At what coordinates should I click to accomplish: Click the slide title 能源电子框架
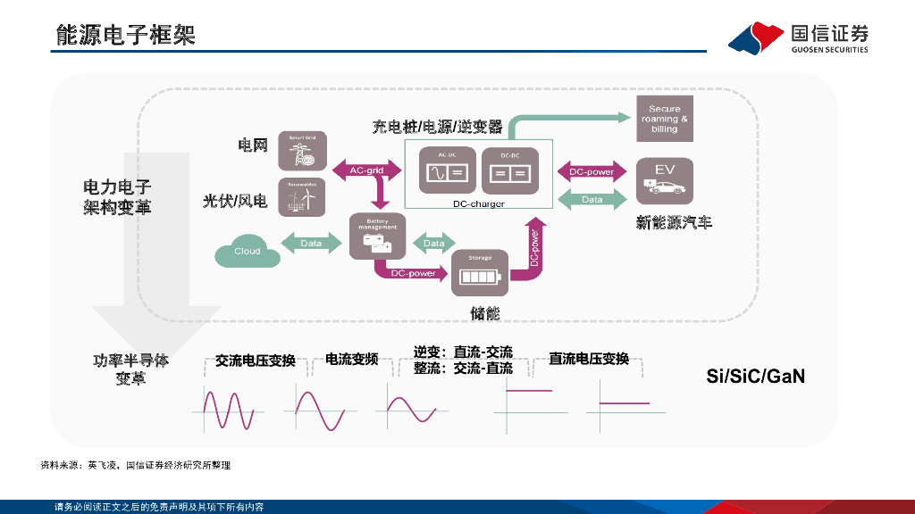pos(125,35)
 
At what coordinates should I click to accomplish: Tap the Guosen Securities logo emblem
pos(753,37)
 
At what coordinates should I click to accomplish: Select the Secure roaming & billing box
pos(664,119)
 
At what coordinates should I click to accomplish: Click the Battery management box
pos(377,236)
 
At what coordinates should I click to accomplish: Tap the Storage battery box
pos(480,273)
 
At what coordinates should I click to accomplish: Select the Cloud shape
pos(248,251)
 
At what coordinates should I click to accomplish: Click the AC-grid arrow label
pos(366,170)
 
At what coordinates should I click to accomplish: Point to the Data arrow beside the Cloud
pos(311,243)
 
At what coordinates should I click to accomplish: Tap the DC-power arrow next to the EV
pos(592,171)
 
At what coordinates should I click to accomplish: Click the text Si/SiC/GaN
pos(756,377)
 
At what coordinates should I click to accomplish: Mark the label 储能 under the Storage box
pos(485,313)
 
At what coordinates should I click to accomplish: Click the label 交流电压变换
pos(255,361)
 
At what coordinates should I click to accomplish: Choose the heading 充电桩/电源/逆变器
pos(438,126)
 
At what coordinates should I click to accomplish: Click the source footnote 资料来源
pos(135,465)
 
